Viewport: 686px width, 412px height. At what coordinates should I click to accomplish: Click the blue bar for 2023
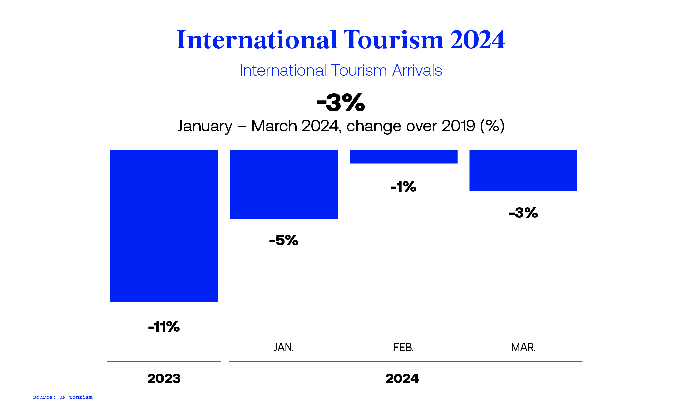(164, 225)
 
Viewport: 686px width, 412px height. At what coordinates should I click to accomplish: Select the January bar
(284, 184)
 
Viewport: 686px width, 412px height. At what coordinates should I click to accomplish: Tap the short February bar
(403, 156)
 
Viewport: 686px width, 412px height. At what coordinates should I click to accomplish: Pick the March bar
(523, 170)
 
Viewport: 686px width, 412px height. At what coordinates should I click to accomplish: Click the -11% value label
(164, 327)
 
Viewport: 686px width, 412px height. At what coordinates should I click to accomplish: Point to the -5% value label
(284, 240)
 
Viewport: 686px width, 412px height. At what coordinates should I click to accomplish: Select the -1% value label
(403, 187)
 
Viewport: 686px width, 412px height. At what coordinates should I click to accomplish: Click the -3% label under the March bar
(523, 213)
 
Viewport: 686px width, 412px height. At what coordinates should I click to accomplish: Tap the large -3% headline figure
(341, 103)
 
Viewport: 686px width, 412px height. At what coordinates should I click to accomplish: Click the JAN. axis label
(284, 347)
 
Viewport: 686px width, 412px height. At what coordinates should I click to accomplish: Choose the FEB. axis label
(403, 347)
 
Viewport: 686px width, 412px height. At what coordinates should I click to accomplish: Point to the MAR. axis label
(523, 347)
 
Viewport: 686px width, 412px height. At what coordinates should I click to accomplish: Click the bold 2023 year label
(164, 379)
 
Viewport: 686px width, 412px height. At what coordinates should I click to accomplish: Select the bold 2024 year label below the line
(402, 379)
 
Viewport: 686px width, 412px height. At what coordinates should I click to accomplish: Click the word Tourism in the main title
(393, 40)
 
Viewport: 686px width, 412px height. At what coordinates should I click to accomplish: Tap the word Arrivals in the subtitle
(417, 71)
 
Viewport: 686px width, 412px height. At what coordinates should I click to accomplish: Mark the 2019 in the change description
(458, 126)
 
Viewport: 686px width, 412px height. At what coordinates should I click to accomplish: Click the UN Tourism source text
(75, 397)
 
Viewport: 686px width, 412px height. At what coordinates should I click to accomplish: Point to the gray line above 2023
(164, 362)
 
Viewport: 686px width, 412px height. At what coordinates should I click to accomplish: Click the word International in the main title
(257, 40)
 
